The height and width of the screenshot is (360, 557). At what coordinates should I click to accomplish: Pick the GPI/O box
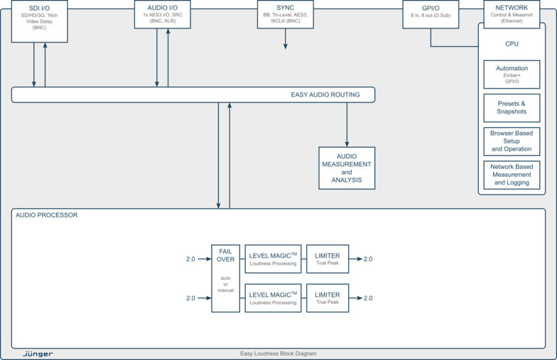tap(431, 14)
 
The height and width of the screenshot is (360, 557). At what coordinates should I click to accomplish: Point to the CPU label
tap(512, 44)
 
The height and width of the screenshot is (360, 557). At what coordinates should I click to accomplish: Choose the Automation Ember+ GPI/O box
tap(512, 75)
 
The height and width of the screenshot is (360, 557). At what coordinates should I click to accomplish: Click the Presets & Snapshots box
tap(512, 107)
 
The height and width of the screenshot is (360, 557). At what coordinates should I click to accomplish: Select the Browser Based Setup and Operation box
tap(512, 141)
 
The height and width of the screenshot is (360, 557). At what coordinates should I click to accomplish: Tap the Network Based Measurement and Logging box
tap(512, 174)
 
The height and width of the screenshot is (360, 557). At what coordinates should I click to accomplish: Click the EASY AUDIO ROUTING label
tap(325, 95)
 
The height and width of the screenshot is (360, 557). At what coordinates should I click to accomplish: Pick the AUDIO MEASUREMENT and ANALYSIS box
tap(347, 168)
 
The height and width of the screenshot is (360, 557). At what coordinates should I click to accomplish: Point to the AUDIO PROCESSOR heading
tap(46, 215)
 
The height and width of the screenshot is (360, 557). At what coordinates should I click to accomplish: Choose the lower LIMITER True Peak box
tap(328, 298)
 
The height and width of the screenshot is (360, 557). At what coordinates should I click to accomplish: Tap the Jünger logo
tap(38, 353)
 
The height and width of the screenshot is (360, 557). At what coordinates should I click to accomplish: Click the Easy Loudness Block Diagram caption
tap(278, 353)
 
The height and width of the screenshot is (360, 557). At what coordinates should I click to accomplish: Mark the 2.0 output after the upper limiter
tap(368, 259)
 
